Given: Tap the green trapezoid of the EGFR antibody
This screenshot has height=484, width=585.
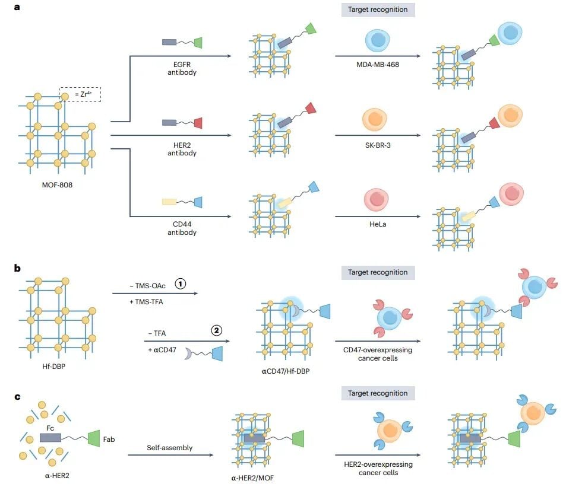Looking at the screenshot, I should pos(198,42).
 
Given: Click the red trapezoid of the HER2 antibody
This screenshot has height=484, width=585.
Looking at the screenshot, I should pos(198,122).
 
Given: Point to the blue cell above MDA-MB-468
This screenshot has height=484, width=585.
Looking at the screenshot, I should pos(377,40).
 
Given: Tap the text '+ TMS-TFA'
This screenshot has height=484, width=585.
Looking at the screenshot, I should pos(146,302).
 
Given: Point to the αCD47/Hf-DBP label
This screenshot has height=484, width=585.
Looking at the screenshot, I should pos(284,371).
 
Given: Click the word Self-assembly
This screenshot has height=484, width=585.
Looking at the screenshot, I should pos(170,448).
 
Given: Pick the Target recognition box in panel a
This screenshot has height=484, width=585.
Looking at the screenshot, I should pos(377,9).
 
